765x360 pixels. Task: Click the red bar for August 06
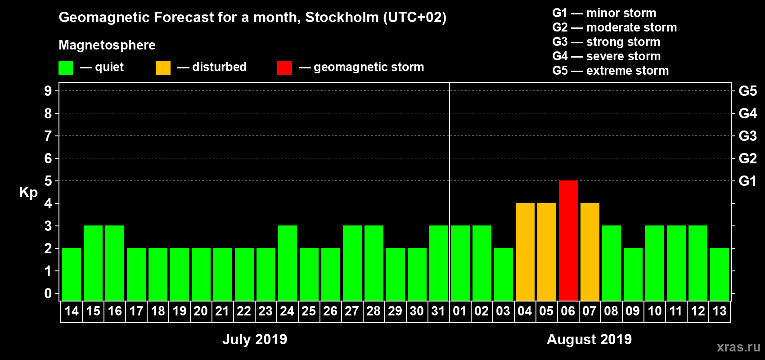568,241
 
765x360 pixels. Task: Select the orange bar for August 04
525,252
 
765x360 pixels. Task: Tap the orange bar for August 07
589,252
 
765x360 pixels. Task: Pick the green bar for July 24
287,263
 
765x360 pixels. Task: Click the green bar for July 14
72,274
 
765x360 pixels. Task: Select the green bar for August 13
719,274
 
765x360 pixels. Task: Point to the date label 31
438,311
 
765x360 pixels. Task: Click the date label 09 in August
632,311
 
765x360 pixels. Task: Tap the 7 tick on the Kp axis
48,136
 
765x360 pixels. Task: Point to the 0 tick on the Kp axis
48,293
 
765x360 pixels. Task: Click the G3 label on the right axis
747,136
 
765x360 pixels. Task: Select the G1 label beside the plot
747,181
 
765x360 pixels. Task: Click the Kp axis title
28,193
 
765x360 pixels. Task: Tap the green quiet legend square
66,68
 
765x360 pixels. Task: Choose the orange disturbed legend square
163,68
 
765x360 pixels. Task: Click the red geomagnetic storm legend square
284,68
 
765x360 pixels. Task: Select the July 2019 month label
255,339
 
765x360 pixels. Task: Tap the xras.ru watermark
738,347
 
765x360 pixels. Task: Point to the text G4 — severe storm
606,56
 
